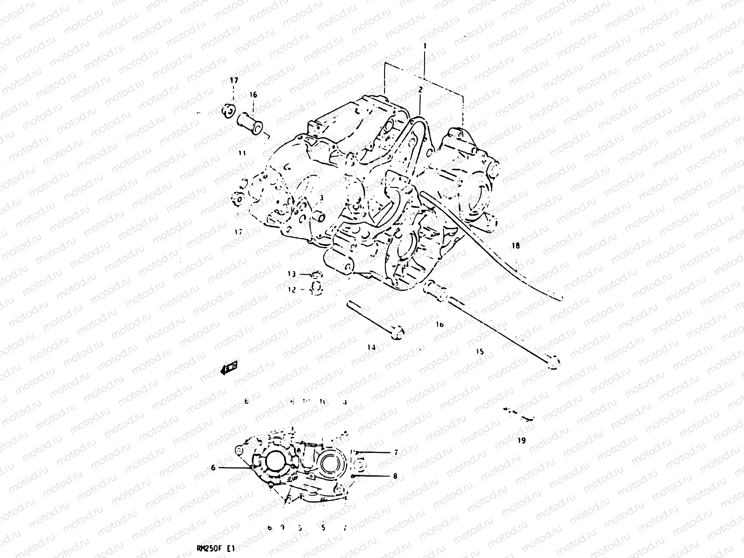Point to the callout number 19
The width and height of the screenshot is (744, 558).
521,440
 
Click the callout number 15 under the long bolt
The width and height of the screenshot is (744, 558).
480,352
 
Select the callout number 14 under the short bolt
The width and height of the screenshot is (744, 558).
372,347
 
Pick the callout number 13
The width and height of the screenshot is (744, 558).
292,274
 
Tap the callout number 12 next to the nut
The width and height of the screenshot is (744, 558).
292,289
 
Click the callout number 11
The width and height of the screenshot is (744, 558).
242,153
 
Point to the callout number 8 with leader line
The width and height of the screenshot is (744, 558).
395,476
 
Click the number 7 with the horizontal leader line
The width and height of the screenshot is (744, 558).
396,452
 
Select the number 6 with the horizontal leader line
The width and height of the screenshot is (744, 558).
213,468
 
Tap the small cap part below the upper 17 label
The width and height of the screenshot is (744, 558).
228,111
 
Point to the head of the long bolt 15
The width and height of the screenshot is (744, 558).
552,363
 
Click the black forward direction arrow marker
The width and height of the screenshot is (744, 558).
229,368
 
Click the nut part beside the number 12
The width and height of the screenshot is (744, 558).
315,289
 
